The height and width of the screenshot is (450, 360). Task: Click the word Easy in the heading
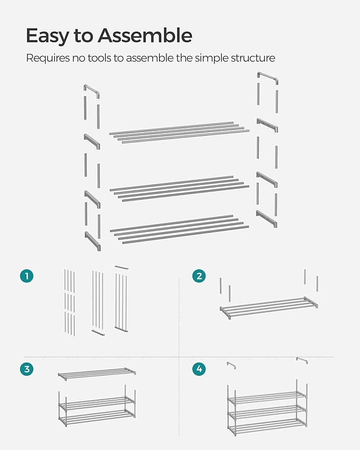[x=46, y=36]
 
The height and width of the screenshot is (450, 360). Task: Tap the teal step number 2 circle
[x=199, y=276]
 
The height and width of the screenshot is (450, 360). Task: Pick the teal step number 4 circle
[x=199, y=369]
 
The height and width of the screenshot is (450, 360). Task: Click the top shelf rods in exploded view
[x=179, y=133]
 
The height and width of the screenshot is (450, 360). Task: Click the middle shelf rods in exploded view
[x=179, y=188]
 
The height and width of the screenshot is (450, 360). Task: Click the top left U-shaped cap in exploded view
[x=91, y=90]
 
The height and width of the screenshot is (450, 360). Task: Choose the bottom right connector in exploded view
[x=267, y=218]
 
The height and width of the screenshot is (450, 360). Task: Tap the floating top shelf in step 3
[x=96, y=374]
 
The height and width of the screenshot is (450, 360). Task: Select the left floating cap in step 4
[x=231, y=365]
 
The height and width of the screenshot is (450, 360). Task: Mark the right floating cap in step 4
[x=302, y=360]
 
